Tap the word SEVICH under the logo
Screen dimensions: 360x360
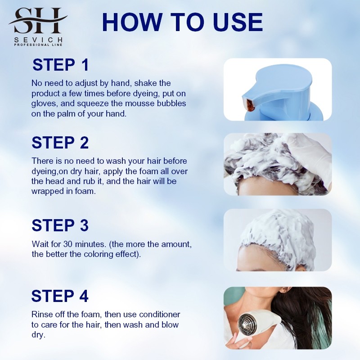[38, 40]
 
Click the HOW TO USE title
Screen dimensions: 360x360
[182, 22]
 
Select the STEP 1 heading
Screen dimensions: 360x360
[61, 65]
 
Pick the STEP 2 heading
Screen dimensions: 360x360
[60, 143]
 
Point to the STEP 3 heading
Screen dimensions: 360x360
[60, 225]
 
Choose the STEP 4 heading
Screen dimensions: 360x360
[60, 296]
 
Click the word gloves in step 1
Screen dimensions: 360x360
[45, 103]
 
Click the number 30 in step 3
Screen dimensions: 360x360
[68, 244]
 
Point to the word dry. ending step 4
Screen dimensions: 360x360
[38, 335]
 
